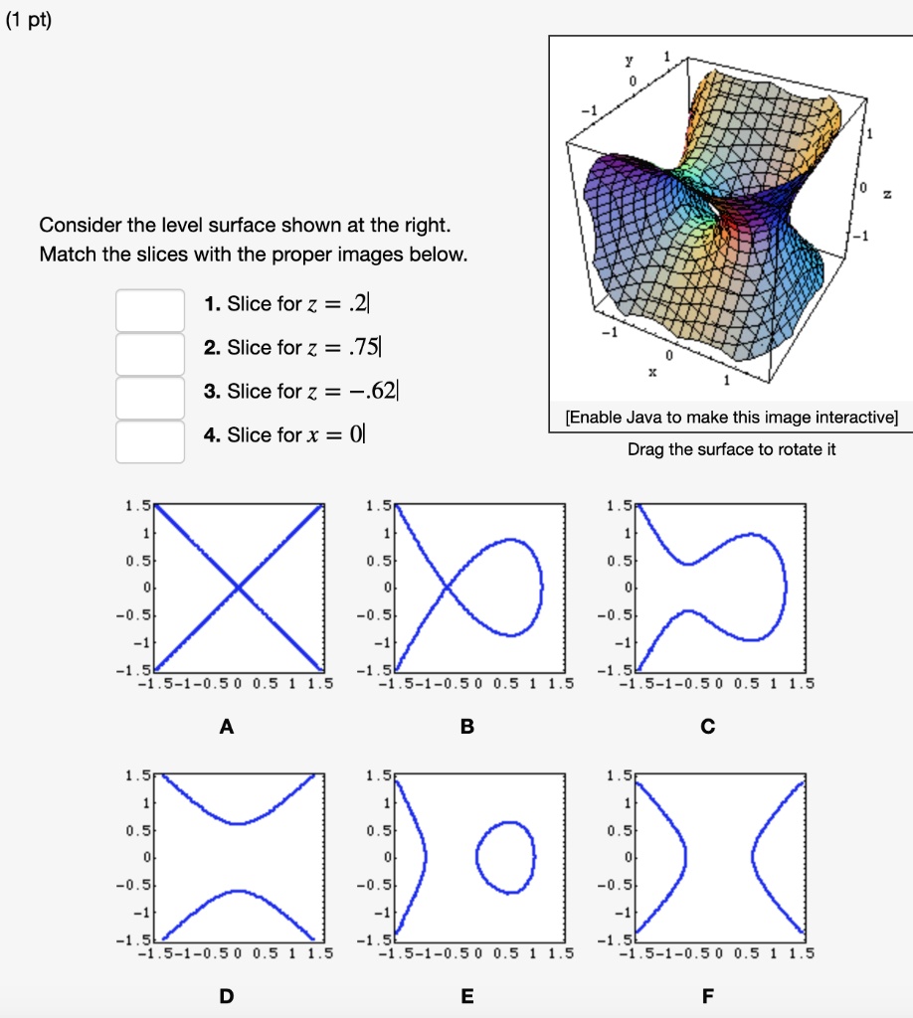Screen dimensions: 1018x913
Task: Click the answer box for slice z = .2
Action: coord(149,310)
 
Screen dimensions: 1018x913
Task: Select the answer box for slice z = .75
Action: coord(149,354)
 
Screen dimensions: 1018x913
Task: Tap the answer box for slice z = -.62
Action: coord(149,398)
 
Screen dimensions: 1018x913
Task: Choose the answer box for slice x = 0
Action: coord(149,441)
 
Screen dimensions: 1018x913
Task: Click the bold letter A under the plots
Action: coord(227,727)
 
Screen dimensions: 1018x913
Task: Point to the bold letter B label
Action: coord(467,727)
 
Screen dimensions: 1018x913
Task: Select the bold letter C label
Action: coord(707,727)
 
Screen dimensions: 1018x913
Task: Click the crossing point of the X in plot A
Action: coord(239,589)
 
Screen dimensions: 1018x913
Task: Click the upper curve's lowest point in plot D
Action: coord(238,823)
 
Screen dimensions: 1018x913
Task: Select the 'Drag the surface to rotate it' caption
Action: coord(732,449)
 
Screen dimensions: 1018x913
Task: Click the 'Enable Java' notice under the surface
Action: coord(731,418)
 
